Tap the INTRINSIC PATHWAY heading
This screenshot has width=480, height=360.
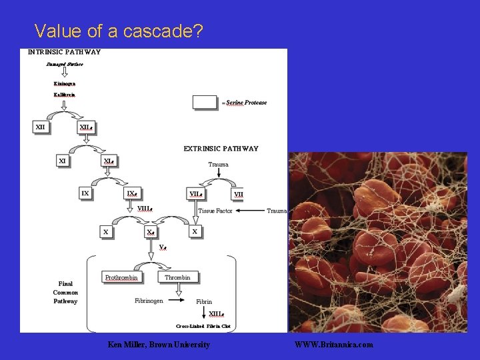64,52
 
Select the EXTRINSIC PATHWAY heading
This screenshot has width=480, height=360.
221,149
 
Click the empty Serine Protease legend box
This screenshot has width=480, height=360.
205,102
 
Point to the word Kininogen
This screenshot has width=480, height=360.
65,83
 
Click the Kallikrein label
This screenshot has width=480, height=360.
65,95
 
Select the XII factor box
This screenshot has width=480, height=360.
41,127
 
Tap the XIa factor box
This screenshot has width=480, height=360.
108,161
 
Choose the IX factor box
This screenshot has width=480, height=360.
85,193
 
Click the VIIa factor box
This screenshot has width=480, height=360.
196,194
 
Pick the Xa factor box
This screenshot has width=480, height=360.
152,231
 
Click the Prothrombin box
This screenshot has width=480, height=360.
121,277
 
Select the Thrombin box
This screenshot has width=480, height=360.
177,277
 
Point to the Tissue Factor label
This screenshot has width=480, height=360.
215,211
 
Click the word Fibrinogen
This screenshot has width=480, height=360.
149,301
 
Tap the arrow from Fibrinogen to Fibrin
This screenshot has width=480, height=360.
179,301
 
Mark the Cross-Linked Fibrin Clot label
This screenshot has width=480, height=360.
203,326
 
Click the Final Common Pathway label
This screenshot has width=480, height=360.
65,292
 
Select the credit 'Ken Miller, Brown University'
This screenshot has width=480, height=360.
159,345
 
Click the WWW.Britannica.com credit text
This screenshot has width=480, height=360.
334,345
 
